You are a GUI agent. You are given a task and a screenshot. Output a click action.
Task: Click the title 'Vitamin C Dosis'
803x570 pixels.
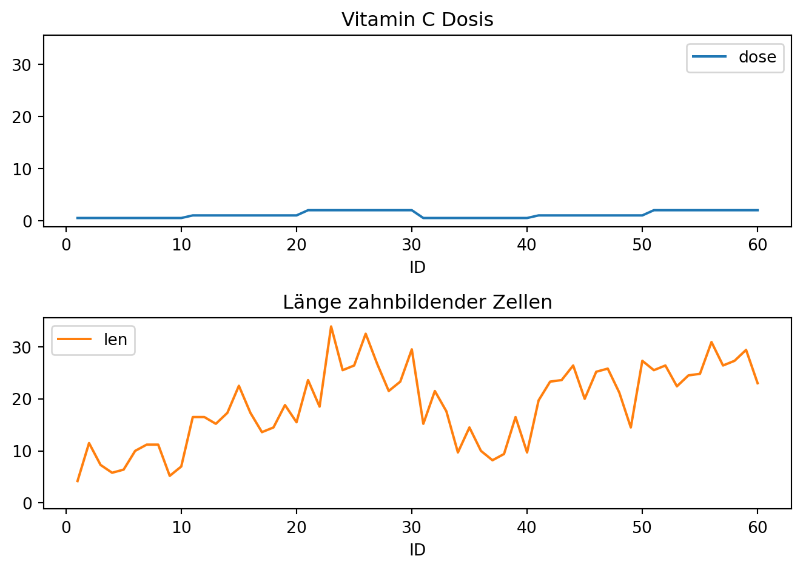tap(417, 20)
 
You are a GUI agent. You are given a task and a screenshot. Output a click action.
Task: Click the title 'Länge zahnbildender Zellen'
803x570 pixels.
tap(417, 302)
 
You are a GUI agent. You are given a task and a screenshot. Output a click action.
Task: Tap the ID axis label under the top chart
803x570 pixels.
tap(417, 267)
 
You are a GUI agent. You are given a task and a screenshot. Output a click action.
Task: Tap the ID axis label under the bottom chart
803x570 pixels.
tap(417, 550)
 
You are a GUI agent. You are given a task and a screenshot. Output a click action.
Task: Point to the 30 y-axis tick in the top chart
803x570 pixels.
tap(22, 65)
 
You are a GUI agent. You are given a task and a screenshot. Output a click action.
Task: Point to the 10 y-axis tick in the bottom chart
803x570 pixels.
tap(22, 451)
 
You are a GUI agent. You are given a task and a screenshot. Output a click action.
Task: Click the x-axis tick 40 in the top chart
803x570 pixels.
tap(526, 245)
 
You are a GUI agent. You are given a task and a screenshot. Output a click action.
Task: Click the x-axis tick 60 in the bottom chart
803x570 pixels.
tap(758, 528)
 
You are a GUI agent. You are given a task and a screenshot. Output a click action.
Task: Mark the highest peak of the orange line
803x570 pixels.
tap(331, 326)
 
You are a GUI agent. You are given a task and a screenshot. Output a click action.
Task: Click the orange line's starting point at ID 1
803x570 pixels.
tap(78, 481)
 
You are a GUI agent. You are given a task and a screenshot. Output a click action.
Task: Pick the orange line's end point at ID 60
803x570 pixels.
tap(758, 383)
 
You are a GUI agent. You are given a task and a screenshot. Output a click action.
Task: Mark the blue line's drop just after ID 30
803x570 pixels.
tap(418, 214)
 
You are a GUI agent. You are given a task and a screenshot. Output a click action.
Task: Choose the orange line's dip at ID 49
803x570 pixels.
tap(631, 428)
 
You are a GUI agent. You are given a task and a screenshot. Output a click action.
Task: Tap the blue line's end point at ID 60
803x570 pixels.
tap(758, 210)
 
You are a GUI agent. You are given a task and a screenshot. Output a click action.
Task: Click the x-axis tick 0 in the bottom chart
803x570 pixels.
tap(66, 528)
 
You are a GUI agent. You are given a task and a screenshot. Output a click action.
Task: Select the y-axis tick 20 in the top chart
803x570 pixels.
tap(22, 117)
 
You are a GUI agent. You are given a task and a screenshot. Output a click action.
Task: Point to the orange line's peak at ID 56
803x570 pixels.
tap(711, 342)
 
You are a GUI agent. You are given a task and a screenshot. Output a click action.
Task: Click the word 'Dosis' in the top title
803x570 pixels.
tap(468, 20)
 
